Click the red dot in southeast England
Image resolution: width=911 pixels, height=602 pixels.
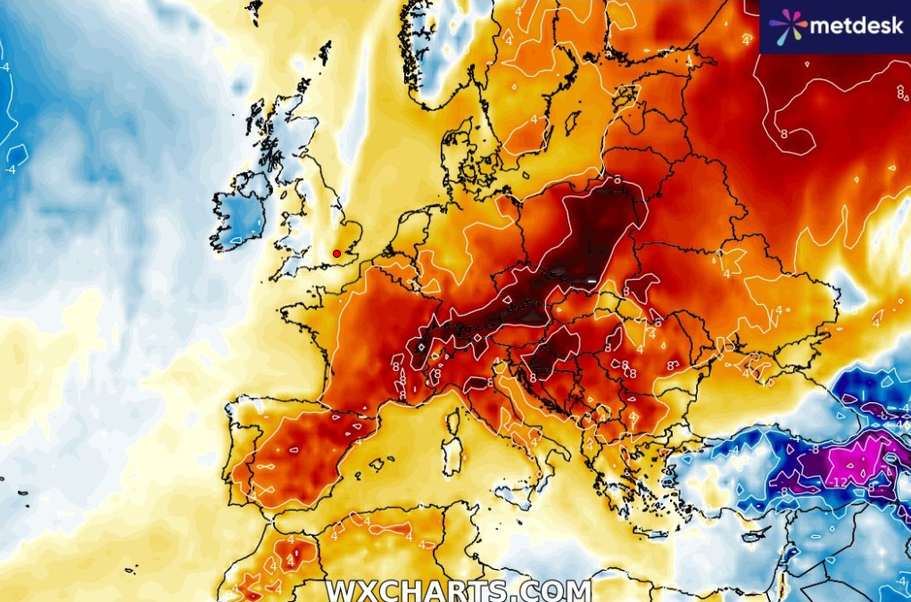click(x=336, y=253)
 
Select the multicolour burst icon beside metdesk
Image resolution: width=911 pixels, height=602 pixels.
click(x=787, y=27)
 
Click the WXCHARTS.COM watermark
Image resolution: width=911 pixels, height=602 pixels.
click(x=458, y=590)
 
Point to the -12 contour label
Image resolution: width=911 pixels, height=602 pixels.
click(x=839, y=482)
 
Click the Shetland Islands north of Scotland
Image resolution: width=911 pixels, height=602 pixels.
click(x=325, y=54)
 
